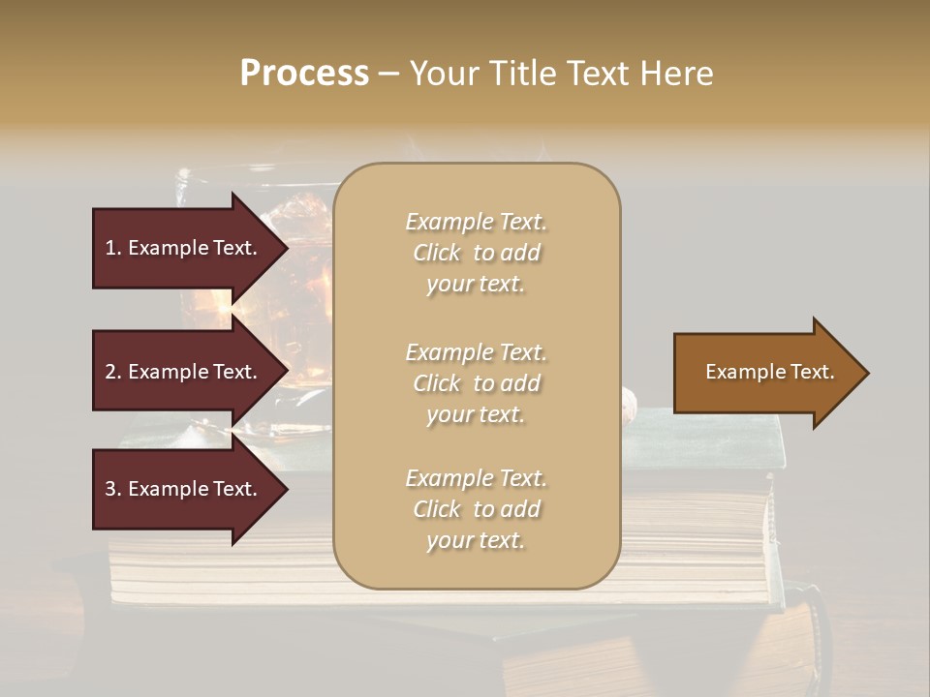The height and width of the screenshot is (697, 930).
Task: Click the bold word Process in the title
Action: point(304,74)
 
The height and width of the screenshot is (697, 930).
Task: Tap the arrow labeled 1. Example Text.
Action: point(184,248)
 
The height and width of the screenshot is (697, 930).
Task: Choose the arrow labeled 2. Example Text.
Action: point(184,372)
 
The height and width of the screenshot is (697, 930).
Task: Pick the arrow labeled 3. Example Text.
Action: point(184,489)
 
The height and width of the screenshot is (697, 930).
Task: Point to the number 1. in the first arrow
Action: point(113,248)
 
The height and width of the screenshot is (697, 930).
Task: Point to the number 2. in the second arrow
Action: point(113,372)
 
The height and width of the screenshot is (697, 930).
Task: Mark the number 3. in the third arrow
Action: point(113,489)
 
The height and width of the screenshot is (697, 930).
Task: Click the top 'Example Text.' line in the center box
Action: point(477,222)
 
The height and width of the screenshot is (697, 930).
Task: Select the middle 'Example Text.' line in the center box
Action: point(477,352)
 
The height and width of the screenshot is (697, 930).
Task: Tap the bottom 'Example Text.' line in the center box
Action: point(477,478)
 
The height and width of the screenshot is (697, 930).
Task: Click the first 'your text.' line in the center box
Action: point(475,285)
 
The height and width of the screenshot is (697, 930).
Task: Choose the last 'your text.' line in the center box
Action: point(475,541)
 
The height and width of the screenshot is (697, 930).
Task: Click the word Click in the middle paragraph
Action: point(437,383)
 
